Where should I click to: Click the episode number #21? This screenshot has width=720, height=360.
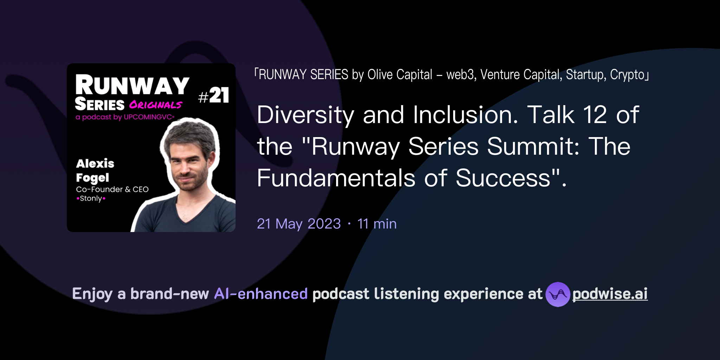point(214,96)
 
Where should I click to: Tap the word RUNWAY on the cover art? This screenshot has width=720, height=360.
point(132,85)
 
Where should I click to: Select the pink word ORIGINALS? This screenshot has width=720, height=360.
point(155,105)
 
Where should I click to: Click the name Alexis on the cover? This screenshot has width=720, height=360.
point(95,163)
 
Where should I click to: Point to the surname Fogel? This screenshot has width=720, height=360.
point(92,178)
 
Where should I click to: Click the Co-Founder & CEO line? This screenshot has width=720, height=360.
point(112,189)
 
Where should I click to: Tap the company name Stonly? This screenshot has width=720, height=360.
point(91,198)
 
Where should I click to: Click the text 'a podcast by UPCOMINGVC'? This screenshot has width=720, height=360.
point(124,117)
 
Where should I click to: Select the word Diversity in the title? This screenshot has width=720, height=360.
point(306,115)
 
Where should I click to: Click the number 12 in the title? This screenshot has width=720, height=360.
point(595,115)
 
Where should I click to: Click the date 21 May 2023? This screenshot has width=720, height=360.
point(299,224)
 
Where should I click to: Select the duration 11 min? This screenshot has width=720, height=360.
point(377,224)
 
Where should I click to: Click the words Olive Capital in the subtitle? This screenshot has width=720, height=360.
point(400,75)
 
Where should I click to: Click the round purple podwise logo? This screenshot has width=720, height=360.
point(558,294)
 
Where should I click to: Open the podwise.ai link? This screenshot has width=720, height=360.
point(610,294)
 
